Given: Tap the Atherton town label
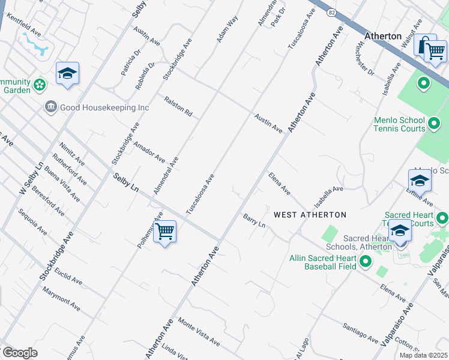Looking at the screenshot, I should coord(382,36).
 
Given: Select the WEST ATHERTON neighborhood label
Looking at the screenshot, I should coord(310,214).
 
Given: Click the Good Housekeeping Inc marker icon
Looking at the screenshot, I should coord(50,107).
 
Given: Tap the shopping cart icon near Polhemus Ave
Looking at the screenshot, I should coord(164,232).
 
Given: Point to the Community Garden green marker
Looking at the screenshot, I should coord(40,85).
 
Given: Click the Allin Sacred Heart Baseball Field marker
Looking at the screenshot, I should coord(364,261).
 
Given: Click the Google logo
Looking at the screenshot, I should coord(20,352).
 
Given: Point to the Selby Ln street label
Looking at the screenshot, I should coord(126,182).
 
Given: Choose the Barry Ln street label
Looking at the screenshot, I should coord(254,220).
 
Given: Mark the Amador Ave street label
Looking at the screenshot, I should coord(149,152).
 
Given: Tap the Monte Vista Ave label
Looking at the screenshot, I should coord(199,331).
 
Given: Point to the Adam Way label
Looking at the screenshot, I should coord(228,29).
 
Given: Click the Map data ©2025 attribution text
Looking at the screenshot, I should coord(423,355).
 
